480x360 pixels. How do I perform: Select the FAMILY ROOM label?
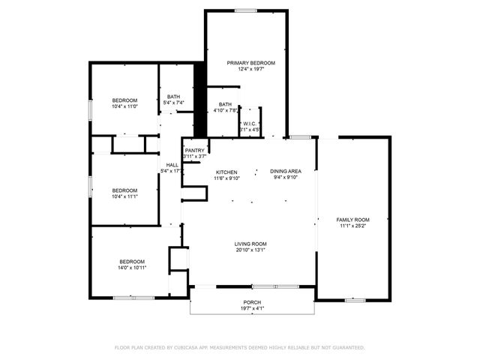pyautogui.click(x=352, y=219)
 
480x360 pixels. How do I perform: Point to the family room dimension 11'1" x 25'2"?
pyautogui.click(x=352, y=226)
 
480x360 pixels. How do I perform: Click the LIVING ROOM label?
pyautogui.click(x=250, y=244)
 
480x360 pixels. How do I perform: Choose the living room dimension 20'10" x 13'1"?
pyautogui.click(x=250, y=250)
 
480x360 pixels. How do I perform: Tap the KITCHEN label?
pyautogui.click(x=226, y=171)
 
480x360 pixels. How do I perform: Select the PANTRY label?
pyautogui.click(x=195, y=150)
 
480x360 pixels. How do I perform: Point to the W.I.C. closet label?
pyautogui.click(x=250, y=123)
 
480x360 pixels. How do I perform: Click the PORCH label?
pyautogui.click(x=251, y=301)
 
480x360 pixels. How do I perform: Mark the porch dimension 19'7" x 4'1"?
pyautogui.click(x=251, y=308)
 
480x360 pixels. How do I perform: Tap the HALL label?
pyautogui.click(x=172, y=164)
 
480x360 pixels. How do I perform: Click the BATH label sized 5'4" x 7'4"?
pyautogui.click(x=174, y=96)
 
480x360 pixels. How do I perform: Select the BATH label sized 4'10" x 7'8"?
pyautogui.click(x=225, y=104)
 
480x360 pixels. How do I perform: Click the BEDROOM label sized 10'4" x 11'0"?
pyautogui.click(x=124, y=100)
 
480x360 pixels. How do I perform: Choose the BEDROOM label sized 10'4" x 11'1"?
pyautogui.click(x=124, y=190)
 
